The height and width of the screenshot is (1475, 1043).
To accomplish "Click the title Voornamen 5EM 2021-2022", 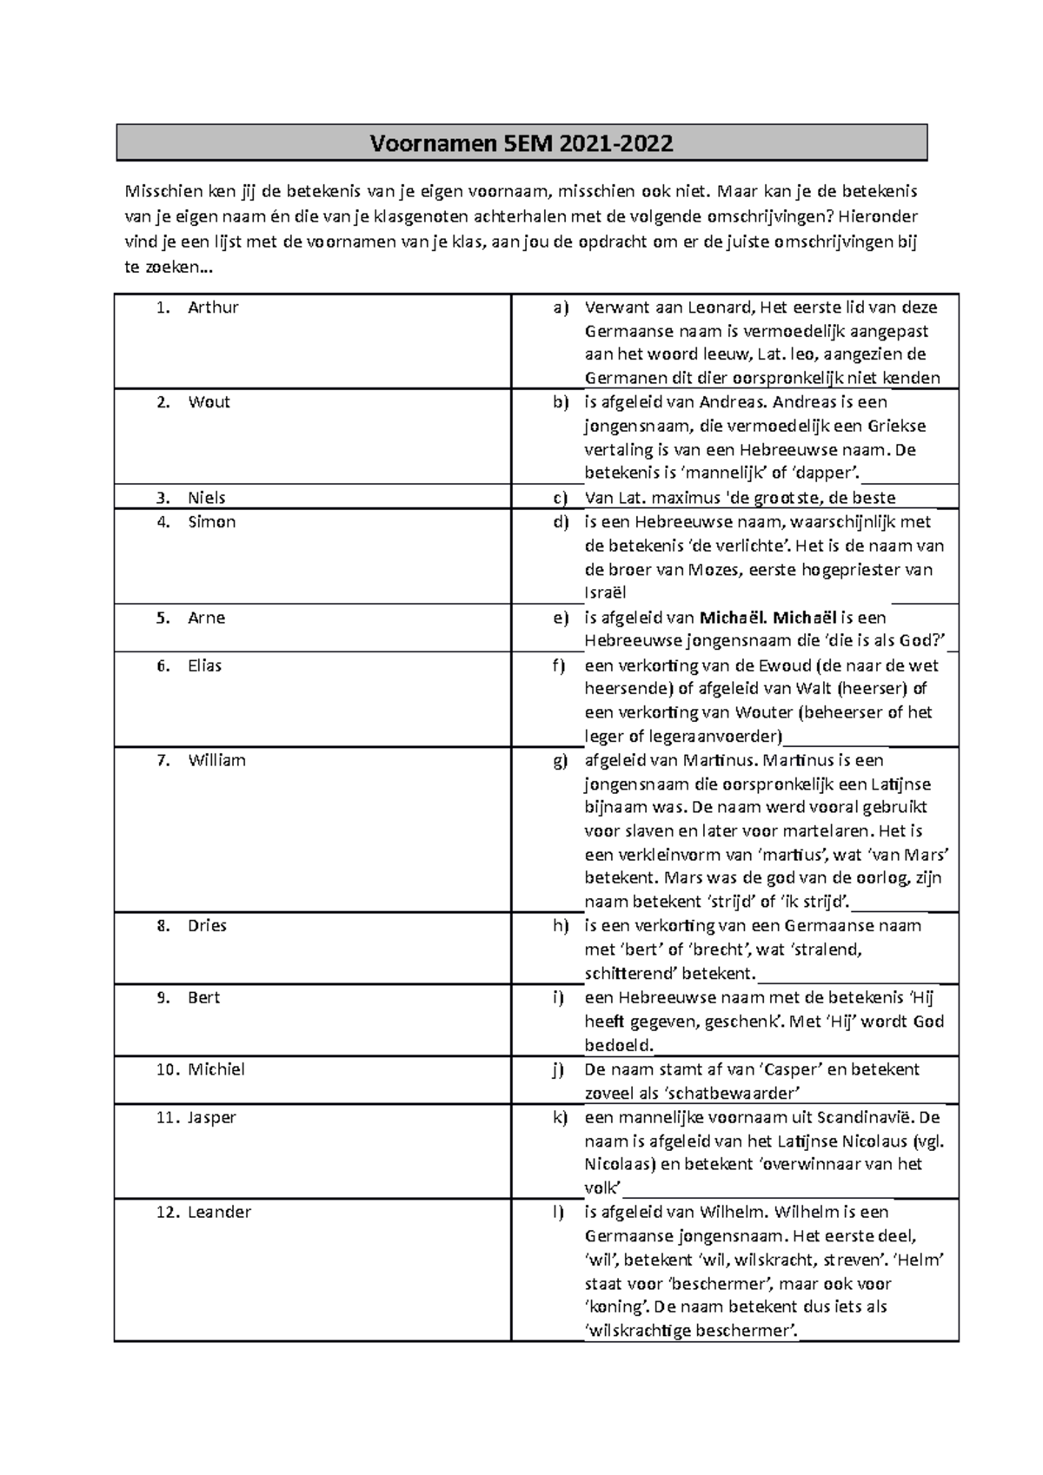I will pos(521,143).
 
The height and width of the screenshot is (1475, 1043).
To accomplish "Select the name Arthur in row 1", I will pos(213,308).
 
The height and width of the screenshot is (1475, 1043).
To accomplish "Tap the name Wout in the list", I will pos(209,402).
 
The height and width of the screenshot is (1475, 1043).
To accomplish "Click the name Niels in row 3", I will pos(207,498).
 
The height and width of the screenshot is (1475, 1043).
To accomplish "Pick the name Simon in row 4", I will pos(211,522).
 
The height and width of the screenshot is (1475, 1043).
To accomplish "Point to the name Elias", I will pos(205,666).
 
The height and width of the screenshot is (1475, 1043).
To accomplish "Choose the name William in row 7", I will pos(216,761).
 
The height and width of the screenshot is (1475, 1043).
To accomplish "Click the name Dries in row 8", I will pos(207,926).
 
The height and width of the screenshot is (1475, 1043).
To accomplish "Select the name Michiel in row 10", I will pos(216,1070).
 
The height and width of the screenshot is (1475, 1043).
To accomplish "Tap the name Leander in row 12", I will pos(219,1213).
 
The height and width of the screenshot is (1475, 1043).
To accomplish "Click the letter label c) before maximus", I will pos(561,498).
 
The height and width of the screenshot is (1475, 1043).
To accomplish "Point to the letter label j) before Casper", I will pos(559,1070).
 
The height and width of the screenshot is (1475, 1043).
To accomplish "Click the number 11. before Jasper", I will pos(168,1118).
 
